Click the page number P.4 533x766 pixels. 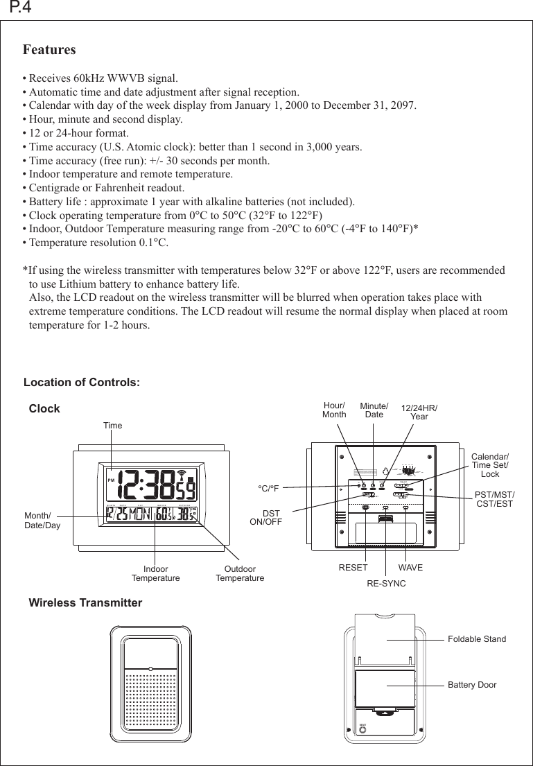tap(19, 8)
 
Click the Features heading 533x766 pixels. tap(49, 51)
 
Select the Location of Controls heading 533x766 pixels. tap(82, 383)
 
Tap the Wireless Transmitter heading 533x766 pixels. tap(85, 603)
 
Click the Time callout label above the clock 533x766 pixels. tap(112, 426)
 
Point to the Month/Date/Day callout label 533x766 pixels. tap(42, 521)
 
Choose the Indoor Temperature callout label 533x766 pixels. tap(155, 573)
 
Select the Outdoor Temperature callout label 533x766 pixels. tap(240, 573)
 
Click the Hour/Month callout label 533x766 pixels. tap(334, 410)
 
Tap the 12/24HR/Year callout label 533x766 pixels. tap(419, 412)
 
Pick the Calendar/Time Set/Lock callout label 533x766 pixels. tap(489, 465)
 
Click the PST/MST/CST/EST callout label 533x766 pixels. tap(494, 498)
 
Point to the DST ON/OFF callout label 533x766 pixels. tap(265, 516)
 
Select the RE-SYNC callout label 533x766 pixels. tap(386, 584)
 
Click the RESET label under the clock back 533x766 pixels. tap(353, 568)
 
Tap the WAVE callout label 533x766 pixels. tap(410, 568)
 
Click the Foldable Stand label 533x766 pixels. tap(477, 639)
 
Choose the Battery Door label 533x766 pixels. tap(472, 685)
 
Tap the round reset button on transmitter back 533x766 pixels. tap(362, 731)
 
